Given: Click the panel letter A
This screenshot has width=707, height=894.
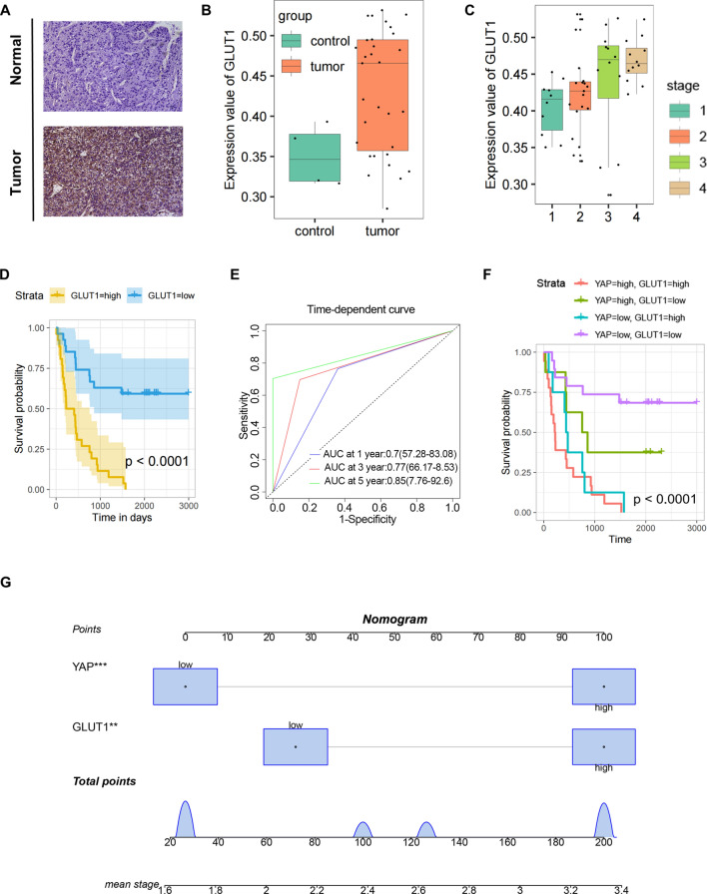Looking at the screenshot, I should point(10,9).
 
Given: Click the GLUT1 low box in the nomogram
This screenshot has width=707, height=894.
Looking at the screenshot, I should point(295,745).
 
